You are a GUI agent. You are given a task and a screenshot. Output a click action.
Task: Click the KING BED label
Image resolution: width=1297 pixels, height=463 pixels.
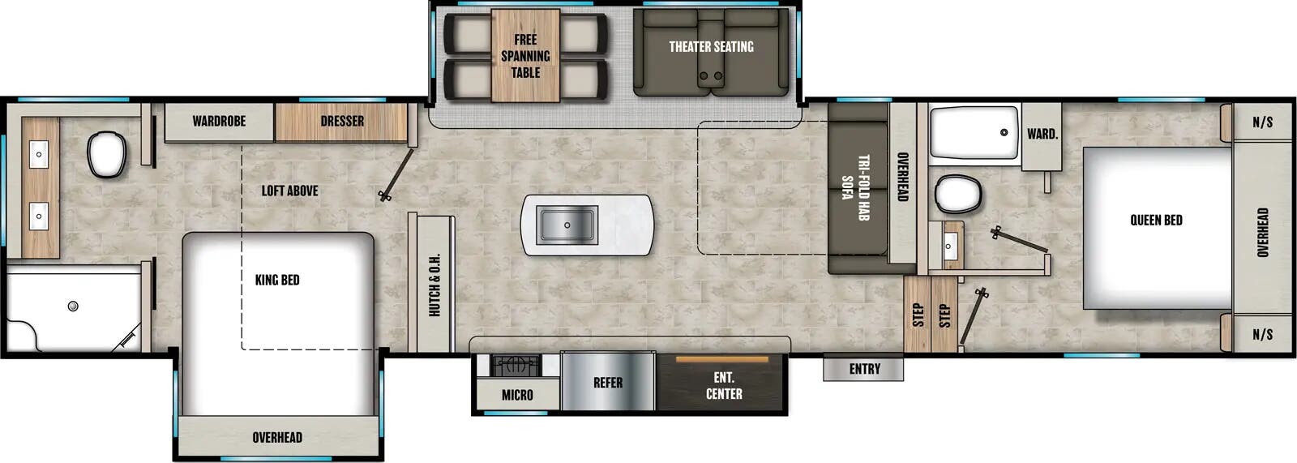277,280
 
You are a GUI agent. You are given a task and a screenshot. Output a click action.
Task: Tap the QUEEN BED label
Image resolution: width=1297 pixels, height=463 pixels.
1156,220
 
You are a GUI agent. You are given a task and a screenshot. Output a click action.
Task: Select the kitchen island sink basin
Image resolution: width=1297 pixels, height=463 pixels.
567,225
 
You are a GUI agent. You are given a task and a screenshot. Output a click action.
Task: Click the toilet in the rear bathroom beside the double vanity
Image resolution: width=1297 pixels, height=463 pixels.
106,154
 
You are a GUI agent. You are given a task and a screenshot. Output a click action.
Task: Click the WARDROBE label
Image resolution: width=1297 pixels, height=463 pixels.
219,121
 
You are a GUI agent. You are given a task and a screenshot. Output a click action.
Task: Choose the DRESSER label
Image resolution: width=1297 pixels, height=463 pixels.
341,121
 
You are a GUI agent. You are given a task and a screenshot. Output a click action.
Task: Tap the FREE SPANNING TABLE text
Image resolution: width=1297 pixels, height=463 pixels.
525,56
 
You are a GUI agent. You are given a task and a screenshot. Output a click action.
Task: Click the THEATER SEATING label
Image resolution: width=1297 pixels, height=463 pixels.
711,47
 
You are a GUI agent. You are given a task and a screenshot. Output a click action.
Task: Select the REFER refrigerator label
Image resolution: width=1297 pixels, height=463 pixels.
607,383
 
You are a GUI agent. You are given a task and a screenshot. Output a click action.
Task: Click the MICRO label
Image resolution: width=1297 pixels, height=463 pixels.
517,395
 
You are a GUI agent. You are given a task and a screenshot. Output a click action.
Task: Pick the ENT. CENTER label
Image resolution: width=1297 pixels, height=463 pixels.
723,386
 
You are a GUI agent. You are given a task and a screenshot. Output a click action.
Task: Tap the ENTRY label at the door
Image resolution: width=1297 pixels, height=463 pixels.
864,369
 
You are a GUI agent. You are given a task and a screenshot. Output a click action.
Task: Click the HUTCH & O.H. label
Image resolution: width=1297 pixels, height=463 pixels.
434,285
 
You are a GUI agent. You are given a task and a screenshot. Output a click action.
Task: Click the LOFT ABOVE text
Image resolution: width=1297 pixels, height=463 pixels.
289,191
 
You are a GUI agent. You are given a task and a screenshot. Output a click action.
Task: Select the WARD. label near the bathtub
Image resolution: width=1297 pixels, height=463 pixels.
1042,134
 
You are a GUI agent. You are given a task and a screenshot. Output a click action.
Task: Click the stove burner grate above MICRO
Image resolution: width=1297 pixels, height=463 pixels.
516,366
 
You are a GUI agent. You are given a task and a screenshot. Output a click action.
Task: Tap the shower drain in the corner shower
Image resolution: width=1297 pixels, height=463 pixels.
73,306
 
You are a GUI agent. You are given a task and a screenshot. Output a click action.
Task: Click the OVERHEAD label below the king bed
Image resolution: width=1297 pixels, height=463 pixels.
277,438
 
